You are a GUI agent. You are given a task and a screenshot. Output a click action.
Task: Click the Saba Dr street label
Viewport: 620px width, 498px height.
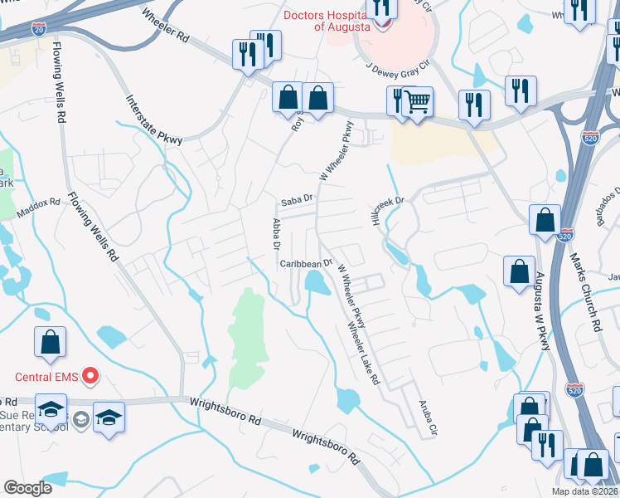[x=296, y=200]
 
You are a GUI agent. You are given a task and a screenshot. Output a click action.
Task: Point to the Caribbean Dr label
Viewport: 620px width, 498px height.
[x=305, y=263]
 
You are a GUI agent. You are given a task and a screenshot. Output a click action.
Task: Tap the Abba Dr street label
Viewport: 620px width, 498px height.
[x=277, y=235]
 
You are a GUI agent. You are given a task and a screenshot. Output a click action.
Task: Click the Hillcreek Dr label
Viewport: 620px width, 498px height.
[x=385, y=201]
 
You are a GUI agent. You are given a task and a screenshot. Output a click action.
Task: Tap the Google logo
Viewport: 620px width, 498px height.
[x=27, y=488]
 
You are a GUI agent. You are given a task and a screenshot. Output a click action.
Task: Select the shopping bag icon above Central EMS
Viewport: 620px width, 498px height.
[x=50, y=341]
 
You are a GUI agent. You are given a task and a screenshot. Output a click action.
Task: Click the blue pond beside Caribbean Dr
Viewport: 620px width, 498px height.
[x=315, y=283]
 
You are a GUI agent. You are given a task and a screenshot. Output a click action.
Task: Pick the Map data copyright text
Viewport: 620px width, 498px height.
[x=585, y=491]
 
